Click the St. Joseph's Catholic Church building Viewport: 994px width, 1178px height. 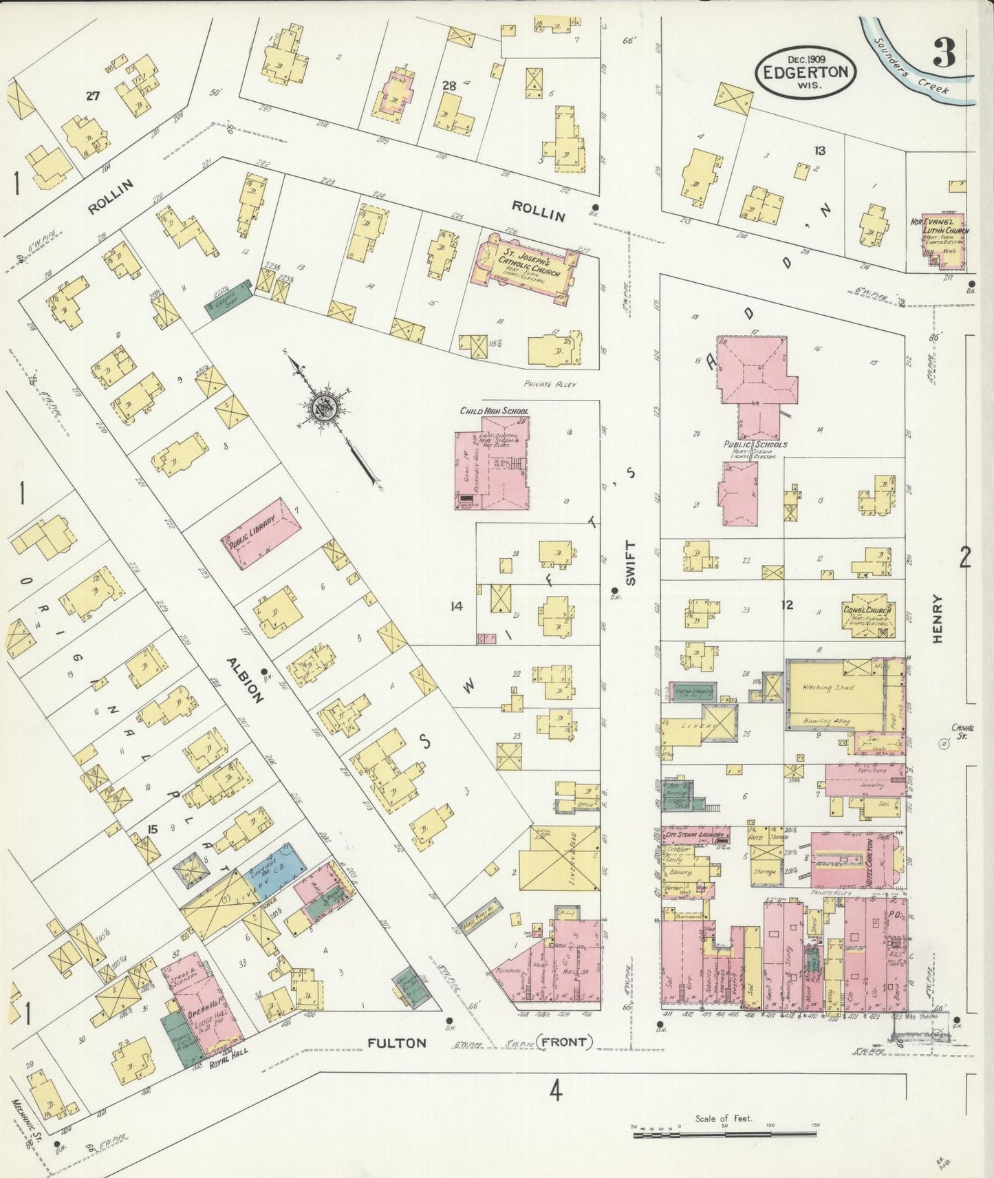tap(525, 268)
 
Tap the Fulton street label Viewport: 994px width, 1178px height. tap(396, 1042)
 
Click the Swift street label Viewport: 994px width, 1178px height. tap(631, 563)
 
